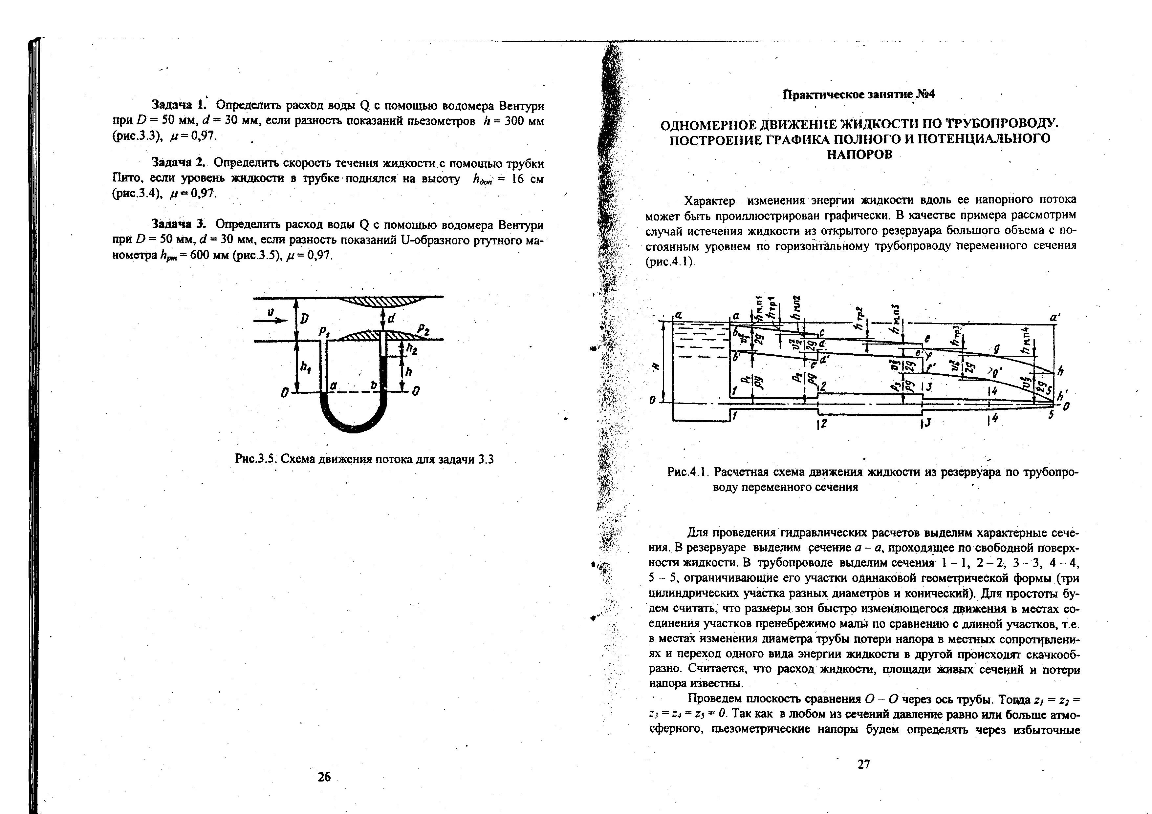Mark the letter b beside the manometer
tap(373, 385)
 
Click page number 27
tap(863, 764)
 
